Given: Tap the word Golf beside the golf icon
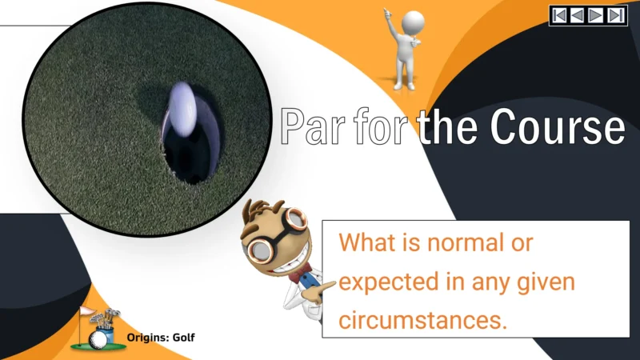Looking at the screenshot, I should coord(184,338).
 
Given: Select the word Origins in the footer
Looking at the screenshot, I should coord(147,338).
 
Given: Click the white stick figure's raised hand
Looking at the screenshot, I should coord(387,14).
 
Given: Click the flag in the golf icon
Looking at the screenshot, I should coord(87,312).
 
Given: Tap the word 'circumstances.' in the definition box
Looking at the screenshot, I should coord(423,320).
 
